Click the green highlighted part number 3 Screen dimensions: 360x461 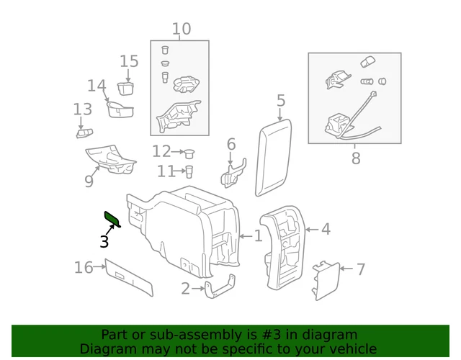coord(112,218)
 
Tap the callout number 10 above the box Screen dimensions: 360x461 coord(181,29)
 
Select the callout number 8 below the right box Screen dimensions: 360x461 coord(355,158)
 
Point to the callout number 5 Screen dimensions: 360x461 coord(281,101)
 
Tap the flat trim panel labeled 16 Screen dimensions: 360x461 coord(130,277)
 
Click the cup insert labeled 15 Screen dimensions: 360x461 coord(127,89)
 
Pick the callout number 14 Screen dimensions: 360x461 coord(97,86)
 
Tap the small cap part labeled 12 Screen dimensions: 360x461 coord(190,152)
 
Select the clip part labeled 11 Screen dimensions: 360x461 coord(189,171)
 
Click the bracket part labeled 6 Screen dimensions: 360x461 coord(233,173)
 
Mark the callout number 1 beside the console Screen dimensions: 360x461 coord(257,236)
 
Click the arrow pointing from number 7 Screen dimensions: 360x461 coord(346,270)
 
